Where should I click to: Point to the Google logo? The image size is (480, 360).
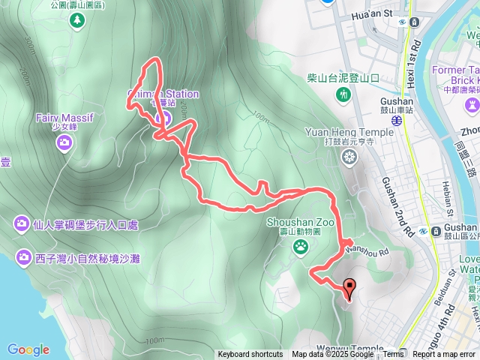point(28,349)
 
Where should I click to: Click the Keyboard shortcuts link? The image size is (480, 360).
point(250,355)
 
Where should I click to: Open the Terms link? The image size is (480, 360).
point(394,355)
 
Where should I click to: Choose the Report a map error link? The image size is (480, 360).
point(443,355)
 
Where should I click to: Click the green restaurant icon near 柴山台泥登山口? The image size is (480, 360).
point(343,94)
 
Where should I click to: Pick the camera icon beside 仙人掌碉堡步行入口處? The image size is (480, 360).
point(21,223)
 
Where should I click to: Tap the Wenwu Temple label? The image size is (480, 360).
point(355,349)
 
